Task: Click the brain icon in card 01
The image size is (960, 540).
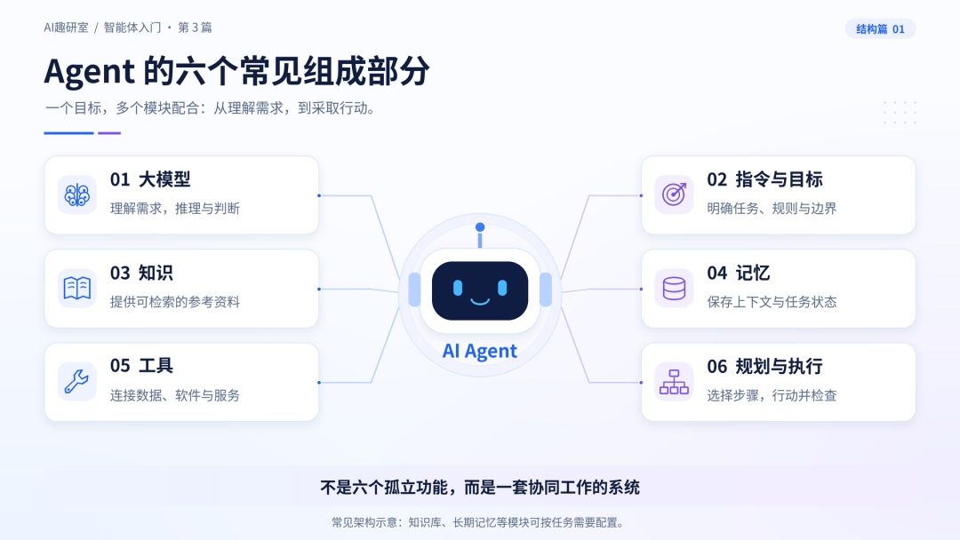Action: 77,195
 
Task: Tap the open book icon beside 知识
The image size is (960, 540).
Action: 77,288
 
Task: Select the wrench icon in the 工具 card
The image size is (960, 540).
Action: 77,381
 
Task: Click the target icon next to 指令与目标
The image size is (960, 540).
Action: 674,195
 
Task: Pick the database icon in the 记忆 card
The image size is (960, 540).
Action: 674,288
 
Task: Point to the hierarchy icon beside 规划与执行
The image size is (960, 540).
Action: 674,382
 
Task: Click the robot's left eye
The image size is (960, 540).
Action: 458,288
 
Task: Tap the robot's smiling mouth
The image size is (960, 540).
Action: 480,301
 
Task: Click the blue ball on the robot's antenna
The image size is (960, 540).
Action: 480,226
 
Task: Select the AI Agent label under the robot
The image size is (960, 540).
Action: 480,351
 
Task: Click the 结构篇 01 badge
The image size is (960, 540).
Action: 880,28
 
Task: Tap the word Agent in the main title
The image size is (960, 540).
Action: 90,72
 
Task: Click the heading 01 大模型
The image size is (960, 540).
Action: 150,179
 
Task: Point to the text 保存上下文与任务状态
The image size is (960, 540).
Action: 772,301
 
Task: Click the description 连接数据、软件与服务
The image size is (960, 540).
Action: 175,395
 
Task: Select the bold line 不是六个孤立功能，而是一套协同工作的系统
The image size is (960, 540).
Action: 480,488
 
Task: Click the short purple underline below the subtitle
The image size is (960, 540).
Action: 109,132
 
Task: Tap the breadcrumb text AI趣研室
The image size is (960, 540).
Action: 66,28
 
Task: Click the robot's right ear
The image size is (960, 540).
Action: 546,290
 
